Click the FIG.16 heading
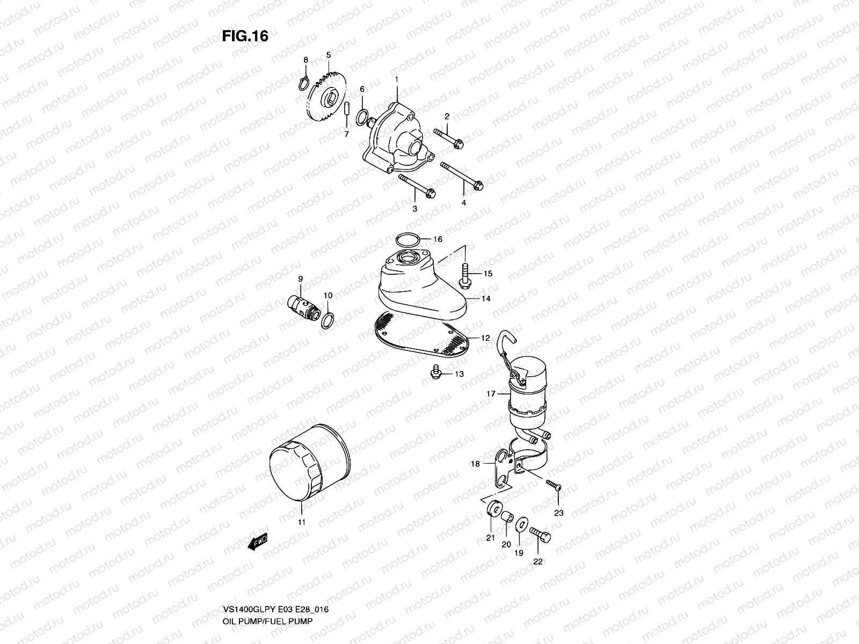[x=245, y=36]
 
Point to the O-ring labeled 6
[x=363, y=115]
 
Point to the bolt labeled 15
[x=464, y=273]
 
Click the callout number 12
[x=485, y=338]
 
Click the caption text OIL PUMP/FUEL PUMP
[x=268, y=576]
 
